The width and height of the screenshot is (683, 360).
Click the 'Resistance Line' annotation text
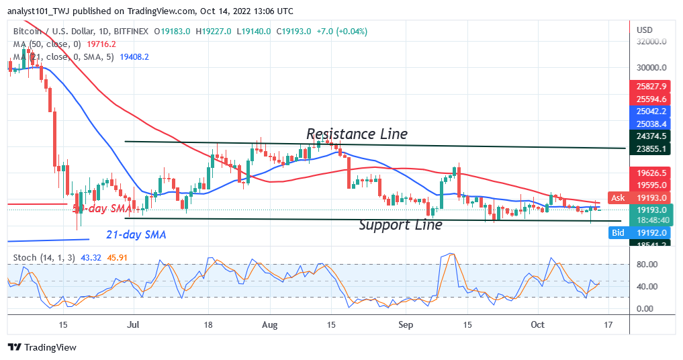tap(357, 134)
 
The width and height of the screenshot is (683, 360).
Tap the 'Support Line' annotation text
tap(400, 225)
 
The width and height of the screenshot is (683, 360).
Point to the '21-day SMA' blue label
tap(136, 235)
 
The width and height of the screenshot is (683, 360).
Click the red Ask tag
tap(618, 197)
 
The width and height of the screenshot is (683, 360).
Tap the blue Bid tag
tap(618, 232)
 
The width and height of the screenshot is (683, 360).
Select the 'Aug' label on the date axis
tap(269, 324)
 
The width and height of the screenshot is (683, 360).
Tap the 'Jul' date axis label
tap(133, 324)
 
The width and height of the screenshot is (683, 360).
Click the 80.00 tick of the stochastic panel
tap(647, 265)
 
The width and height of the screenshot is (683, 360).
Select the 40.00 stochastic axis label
tap(647, 287)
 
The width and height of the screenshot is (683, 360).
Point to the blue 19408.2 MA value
tap(134, 57)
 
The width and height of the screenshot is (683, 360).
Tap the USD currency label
tap(645, 30)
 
